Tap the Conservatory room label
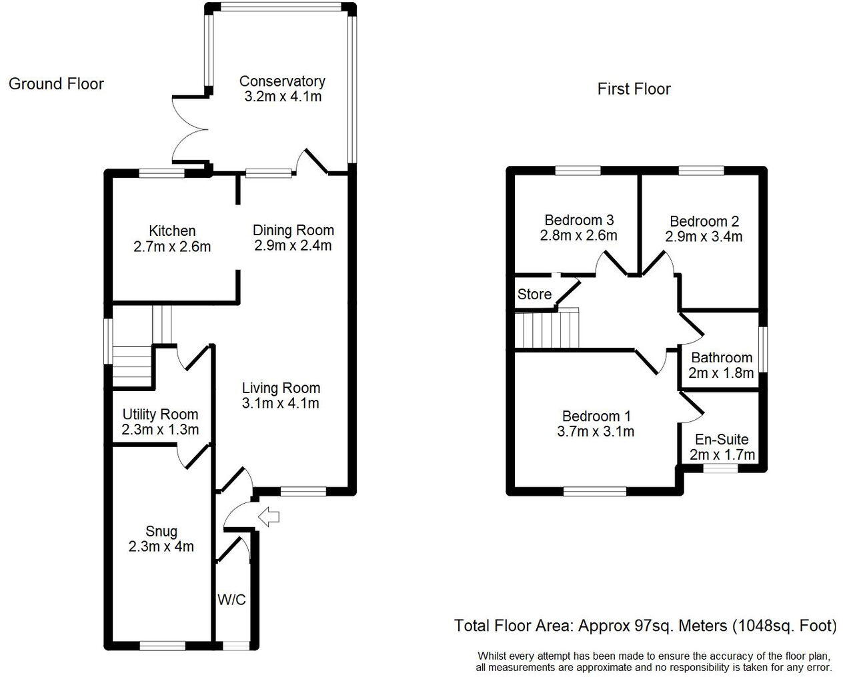282,81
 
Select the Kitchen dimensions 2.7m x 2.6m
172,247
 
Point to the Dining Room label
293,231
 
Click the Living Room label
281,388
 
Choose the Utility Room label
160,414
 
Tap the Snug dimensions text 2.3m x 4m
161,546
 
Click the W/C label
231,600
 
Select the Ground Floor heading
56,84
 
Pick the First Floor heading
634,89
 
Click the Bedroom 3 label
579,220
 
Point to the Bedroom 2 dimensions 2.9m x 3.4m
704,237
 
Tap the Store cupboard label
534,295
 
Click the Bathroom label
722,358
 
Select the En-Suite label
722,440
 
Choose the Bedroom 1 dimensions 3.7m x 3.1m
595,431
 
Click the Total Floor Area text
645,626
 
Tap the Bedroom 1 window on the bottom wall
595,492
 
